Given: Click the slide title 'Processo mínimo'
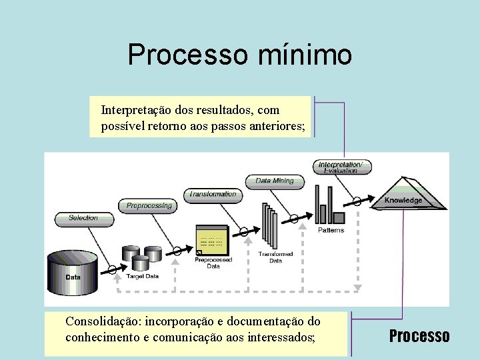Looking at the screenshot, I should click(239, 55).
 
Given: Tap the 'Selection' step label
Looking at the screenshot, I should click(83, 217).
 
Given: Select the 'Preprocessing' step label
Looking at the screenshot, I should click(149, 206).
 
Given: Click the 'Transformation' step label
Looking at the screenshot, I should click(212, 195).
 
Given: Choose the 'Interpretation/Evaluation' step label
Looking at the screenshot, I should click(341, 167).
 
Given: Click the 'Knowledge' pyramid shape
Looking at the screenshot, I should click(404, 194).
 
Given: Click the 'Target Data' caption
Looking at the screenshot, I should click(142, 276).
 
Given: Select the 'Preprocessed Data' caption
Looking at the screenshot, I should click(213, 263).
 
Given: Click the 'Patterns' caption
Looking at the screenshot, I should click(331, 230).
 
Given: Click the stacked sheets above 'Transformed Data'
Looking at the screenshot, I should click(269, 227).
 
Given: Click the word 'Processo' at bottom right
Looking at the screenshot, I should click(419, 335).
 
